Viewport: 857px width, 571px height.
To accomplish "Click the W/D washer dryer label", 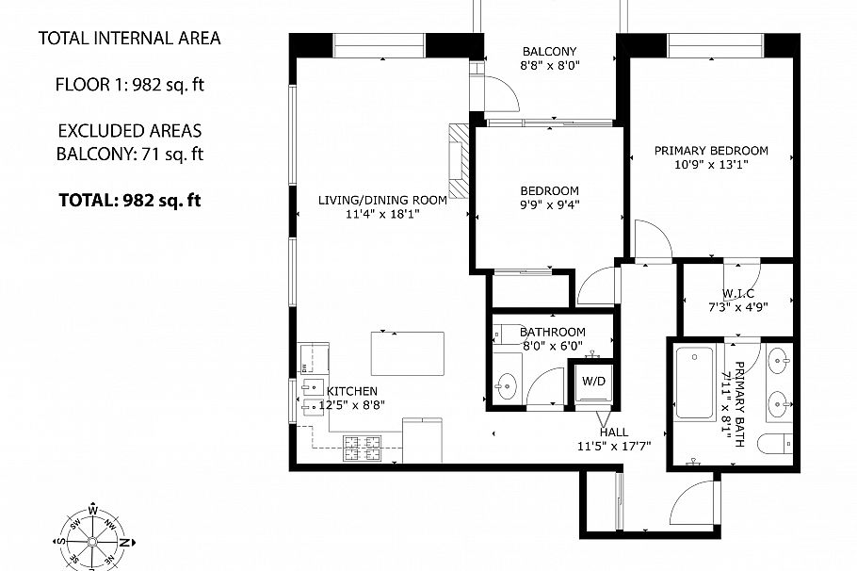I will [x=593, y=383].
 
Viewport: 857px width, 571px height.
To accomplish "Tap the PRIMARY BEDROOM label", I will [x=711, y=150].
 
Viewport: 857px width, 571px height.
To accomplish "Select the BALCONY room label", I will [x=549, y=51].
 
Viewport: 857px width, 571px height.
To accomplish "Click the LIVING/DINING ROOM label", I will [x=380, y=199].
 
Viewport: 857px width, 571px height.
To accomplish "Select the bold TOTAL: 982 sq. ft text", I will [x=129, y=200].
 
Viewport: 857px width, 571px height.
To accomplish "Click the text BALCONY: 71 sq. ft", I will [x=129, y=154].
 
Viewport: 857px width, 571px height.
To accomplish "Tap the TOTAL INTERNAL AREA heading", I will [x=129, y=39].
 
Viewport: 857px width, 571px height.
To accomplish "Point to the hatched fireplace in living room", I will [x=459, y=161].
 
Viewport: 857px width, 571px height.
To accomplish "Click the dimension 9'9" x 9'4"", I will [x=548, y=204].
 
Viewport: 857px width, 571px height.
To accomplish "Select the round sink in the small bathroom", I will [x=508, y=385].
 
